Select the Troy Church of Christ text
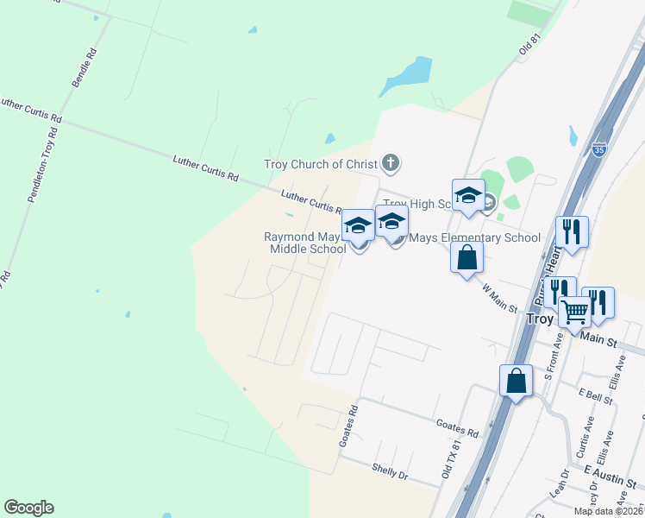pos(321,164)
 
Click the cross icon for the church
pos(391,161)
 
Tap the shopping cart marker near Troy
pos(575,311)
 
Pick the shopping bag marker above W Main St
pos(467,257)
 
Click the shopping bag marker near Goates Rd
pos(516,381)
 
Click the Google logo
pos(28,508)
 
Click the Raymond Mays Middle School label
pos(306,243)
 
